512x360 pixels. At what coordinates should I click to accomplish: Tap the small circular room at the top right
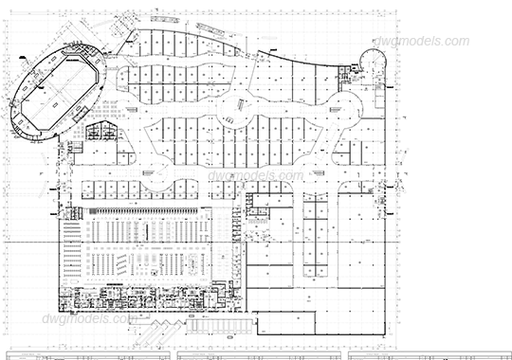(x=373, y=60)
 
